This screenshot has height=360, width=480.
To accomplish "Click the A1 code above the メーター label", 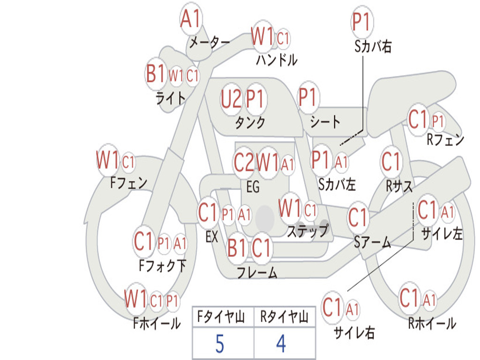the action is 190,19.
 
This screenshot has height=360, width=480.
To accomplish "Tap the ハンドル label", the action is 277,60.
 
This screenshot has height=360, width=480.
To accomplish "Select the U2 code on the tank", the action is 231,99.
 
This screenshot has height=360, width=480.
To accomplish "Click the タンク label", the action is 250,123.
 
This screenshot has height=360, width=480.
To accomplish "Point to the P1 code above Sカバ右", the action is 362,22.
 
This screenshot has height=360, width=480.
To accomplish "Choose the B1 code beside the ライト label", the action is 155,74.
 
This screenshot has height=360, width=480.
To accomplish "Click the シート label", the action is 325,122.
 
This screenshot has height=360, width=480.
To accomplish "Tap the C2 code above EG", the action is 244,162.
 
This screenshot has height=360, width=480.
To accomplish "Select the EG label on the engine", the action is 253,187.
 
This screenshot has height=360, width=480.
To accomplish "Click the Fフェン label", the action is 128,183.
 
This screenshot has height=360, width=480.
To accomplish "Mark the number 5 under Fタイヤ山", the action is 220,344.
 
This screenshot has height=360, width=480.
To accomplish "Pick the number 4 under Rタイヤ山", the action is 281,344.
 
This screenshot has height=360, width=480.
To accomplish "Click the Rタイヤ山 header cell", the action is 285,316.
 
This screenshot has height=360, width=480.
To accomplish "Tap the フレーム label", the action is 257,272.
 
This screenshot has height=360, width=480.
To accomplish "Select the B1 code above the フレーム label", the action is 237,247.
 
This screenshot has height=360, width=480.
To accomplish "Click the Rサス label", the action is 399,186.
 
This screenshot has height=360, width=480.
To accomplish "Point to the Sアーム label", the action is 373,242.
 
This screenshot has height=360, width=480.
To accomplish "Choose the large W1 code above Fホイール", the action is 135,299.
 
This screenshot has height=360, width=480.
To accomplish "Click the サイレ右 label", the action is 354,332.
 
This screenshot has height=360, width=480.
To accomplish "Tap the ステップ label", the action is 308,231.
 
